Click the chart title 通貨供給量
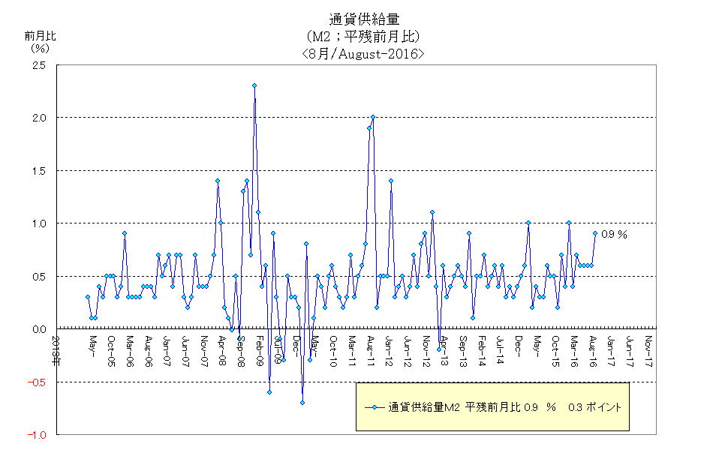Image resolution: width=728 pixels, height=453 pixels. pyautogui.click(x=362, y=19)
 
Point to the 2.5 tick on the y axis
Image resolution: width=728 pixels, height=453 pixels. pyautogui.click(x=39, y=65)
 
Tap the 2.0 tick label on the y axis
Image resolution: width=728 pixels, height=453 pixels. pyautogui.click(x=39, y=118)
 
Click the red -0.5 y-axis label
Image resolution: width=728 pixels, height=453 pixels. pyautogui.click(x=38, y=382)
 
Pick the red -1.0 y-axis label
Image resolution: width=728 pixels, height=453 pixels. pyautogui.click(x=38, y=435)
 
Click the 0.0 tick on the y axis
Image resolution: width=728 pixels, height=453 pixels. pyautogui.click(x=39, y=329)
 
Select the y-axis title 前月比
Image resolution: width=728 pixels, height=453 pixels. pyautogui.click(x=39, y=35)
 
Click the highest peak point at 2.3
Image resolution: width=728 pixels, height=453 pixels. pyautogui.click(x=254, y=85)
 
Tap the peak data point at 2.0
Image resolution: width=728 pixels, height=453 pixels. pyautogui.click(x=373, y=117)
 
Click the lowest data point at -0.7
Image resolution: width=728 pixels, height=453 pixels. pyautogui.click(x=302, y=403)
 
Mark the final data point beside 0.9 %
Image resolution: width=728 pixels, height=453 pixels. pyautogui.click(x=595, y=233)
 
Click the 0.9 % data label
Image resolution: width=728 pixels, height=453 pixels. pyautogui.click(x=614, y=234)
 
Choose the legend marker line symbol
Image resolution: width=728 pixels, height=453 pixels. pyautogui.click(x=375, y=408)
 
